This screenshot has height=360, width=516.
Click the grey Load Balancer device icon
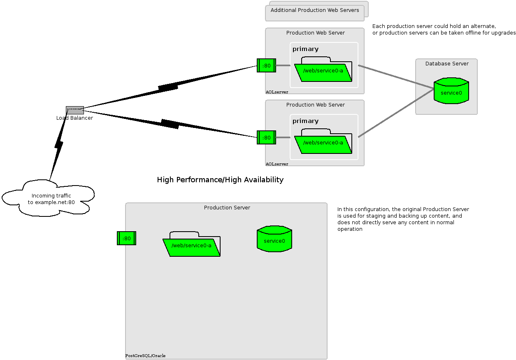click(x=75, y=110)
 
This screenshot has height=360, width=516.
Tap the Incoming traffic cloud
click(x=49, y=199)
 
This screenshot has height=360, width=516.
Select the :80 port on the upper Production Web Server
click(x=266, y=65)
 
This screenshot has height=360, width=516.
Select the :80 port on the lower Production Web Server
click(x=266, y=137)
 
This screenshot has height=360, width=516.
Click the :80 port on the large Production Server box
click(x=126, y=238)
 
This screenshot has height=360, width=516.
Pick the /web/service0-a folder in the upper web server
click(x=323, y=71)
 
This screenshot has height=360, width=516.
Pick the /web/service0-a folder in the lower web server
click(x=323, y=143)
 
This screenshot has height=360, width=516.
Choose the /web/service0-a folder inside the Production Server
click(x=191, y=246)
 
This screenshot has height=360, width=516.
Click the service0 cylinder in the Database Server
click(x=451, y=91)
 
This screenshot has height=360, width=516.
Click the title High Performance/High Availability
click(x=220, y=180)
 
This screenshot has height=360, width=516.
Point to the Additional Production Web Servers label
click(x=315, y=10)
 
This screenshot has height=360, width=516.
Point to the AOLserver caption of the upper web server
click(x=277, y=92)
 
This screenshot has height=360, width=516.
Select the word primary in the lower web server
click(x=305, y=121)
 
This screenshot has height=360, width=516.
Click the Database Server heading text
click(x=446, y=64)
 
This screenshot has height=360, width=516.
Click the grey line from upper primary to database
click(x=395, y=77)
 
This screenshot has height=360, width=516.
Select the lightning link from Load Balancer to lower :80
click(x=170, y=123)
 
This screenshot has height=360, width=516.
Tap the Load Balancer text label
click(x=74, y=118)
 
